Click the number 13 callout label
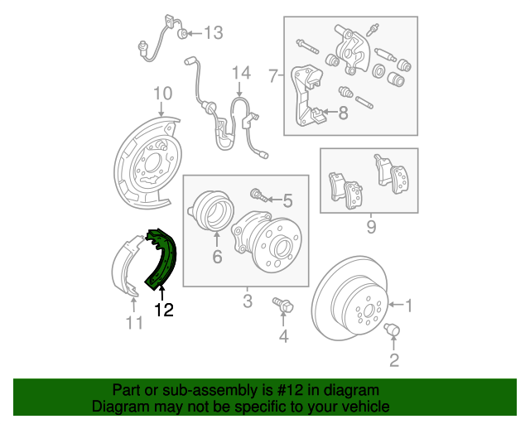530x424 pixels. [214, 33]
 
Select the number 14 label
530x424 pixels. [240, 73]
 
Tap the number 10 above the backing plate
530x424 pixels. [162, 92]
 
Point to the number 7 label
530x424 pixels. [272, 77]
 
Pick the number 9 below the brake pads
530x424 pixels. [371, 225]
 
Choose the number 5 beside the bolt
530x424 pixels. [287, 200]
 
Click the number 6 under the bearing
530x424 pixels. [217, 257]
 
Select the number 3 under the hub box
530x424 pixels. [247, 301]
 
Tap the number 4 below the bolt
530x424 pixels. [284, 335]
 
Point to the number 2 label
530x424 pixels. [393, 359]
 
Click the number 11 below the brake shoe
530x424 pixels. [135, 322]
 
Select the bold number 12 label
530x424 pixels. [164, 310]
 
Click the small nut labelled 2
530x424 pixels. [393, 331]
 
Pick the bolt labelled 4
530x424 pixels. [282, 307]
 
